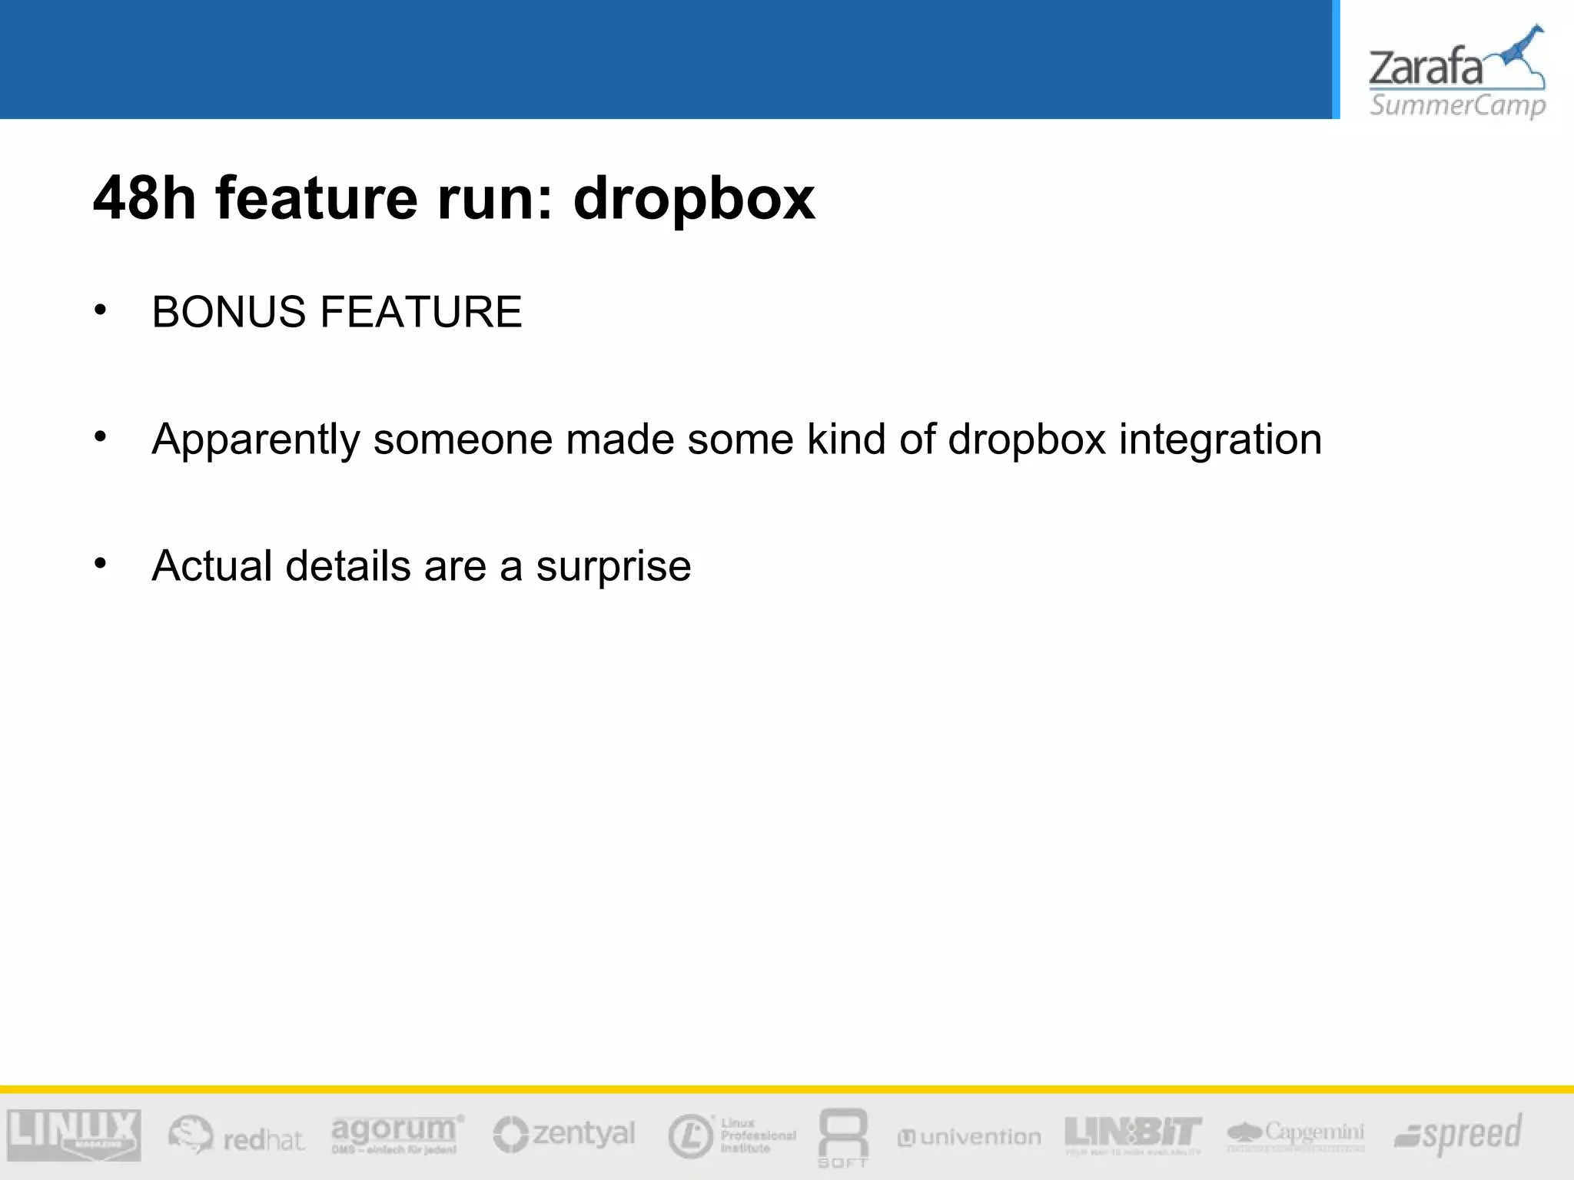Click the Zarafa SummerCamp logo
[1456, 73]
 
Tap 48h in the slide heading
[144, 198]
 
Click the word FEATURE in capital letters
[421, 312]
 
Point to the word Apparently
[255, 440]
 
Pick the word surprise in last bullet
[613, 568]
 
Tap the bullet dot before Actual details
[101, 564]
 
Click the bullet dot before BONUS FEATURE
[101, 310]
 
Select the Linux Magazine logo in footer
[74, 1135]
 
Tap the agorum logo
[397, 1133]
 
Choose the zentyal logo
[564, 1134]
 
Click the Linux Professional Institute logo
[732, 1135]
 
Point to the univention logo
[969, 1137]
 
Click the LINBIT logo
[1133, 1134]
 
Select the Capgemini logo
[1296, 1134]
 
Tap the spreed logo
[1458, 1134]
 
